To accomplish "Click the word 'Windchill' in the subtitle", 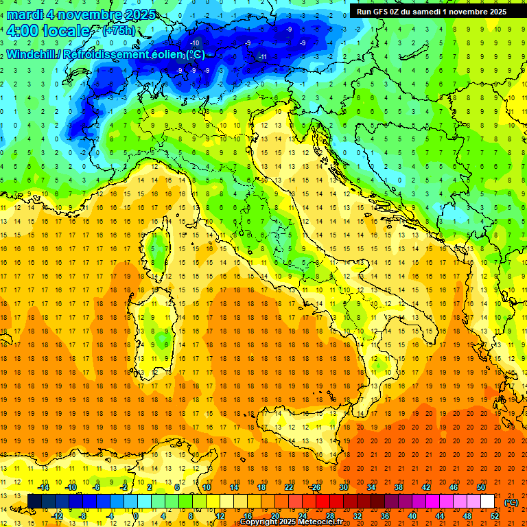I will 32,55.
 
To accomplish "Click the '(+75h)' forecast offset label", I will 118,31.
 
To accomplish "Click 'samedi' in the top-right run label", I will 425,11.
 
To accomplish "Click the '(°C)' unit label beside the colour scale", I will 511,502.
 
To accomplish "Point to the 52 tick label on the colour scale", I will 495,516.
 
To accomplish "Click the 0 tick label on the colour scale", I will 135,516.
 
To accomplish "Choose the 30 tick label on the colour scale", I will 344,487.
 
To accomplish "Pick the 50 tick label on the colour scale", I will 481,487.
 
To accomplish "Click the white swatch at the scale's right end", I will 488,502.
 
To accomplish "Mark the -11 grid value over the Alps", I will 262,56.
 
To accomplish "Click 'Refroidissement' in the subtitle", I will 106,55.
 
